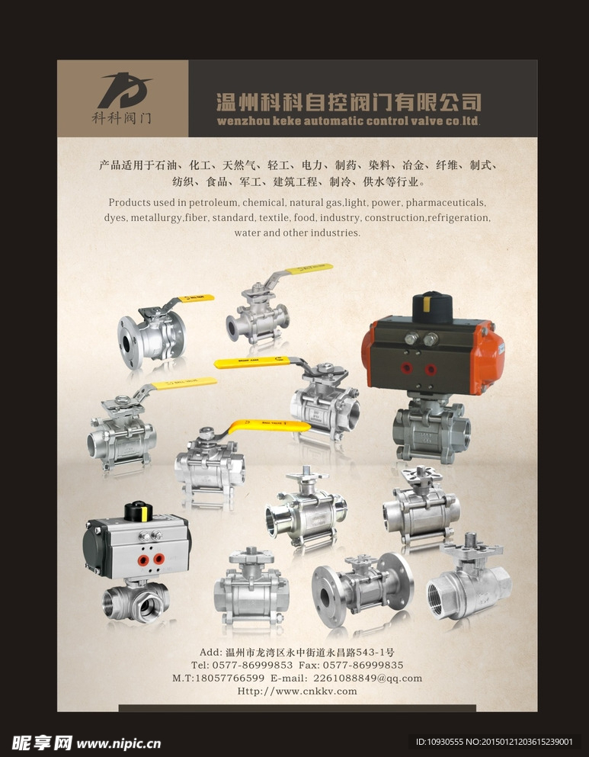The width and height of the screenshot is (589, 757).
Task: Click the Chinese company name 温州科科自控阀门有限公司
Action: coord(349,102)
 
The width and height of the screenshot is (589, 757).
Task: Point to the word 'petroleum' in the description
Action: coord(213,202)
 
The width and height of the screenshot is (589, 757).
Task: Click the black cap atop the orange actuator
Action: coord(432,307)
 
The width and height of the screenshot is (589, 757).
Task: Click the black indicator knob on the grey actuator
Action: coord(139,512)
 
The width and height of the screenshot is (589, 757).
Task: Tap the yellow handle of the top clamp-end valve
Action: coord(309,268)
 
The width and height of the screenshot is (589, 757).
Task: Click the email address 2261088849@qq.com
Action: coord(367,678)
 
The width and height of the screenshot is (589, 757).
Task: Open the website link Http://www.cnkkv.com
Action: coord(297,691)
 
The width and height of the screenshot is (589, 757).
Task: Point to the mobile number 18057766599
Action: coord(229,678)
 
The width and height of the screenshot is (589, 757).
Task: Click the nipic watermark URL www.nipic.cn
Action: coord(119,743)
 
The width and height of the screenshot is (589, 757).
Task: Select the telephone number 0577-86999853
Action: coord(252,666)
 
